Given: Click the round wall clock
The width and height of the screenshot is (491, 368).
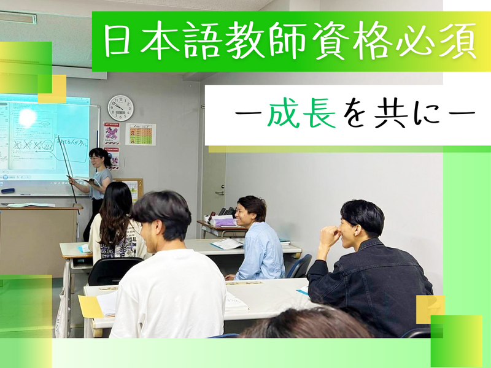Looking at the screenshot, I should (x=120, y=108).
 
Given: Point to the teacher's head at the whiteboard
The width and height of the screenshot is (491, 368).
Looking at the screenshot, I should (x=98, y=157).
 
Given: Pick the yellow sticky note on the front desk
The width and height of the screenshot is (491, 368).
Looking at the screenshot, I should (x=90, y=306).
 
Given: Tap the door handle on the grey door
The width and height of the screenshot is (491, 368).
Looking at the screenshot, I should (x=220, y=193).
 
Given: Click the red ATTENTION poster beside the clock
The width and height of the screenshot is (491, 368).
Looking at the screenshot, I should (x=111, y=132).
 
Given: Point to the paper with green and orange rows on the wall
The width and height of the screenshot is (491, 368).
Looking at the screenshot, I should (x=141, y=134).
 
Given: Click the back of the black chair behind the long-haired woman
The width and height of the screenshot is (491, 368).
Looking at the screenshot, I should (x=114, y=270).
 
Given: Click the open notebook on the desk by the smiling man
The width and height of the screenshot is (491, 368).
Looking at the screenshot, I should (x=228, y=244).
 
